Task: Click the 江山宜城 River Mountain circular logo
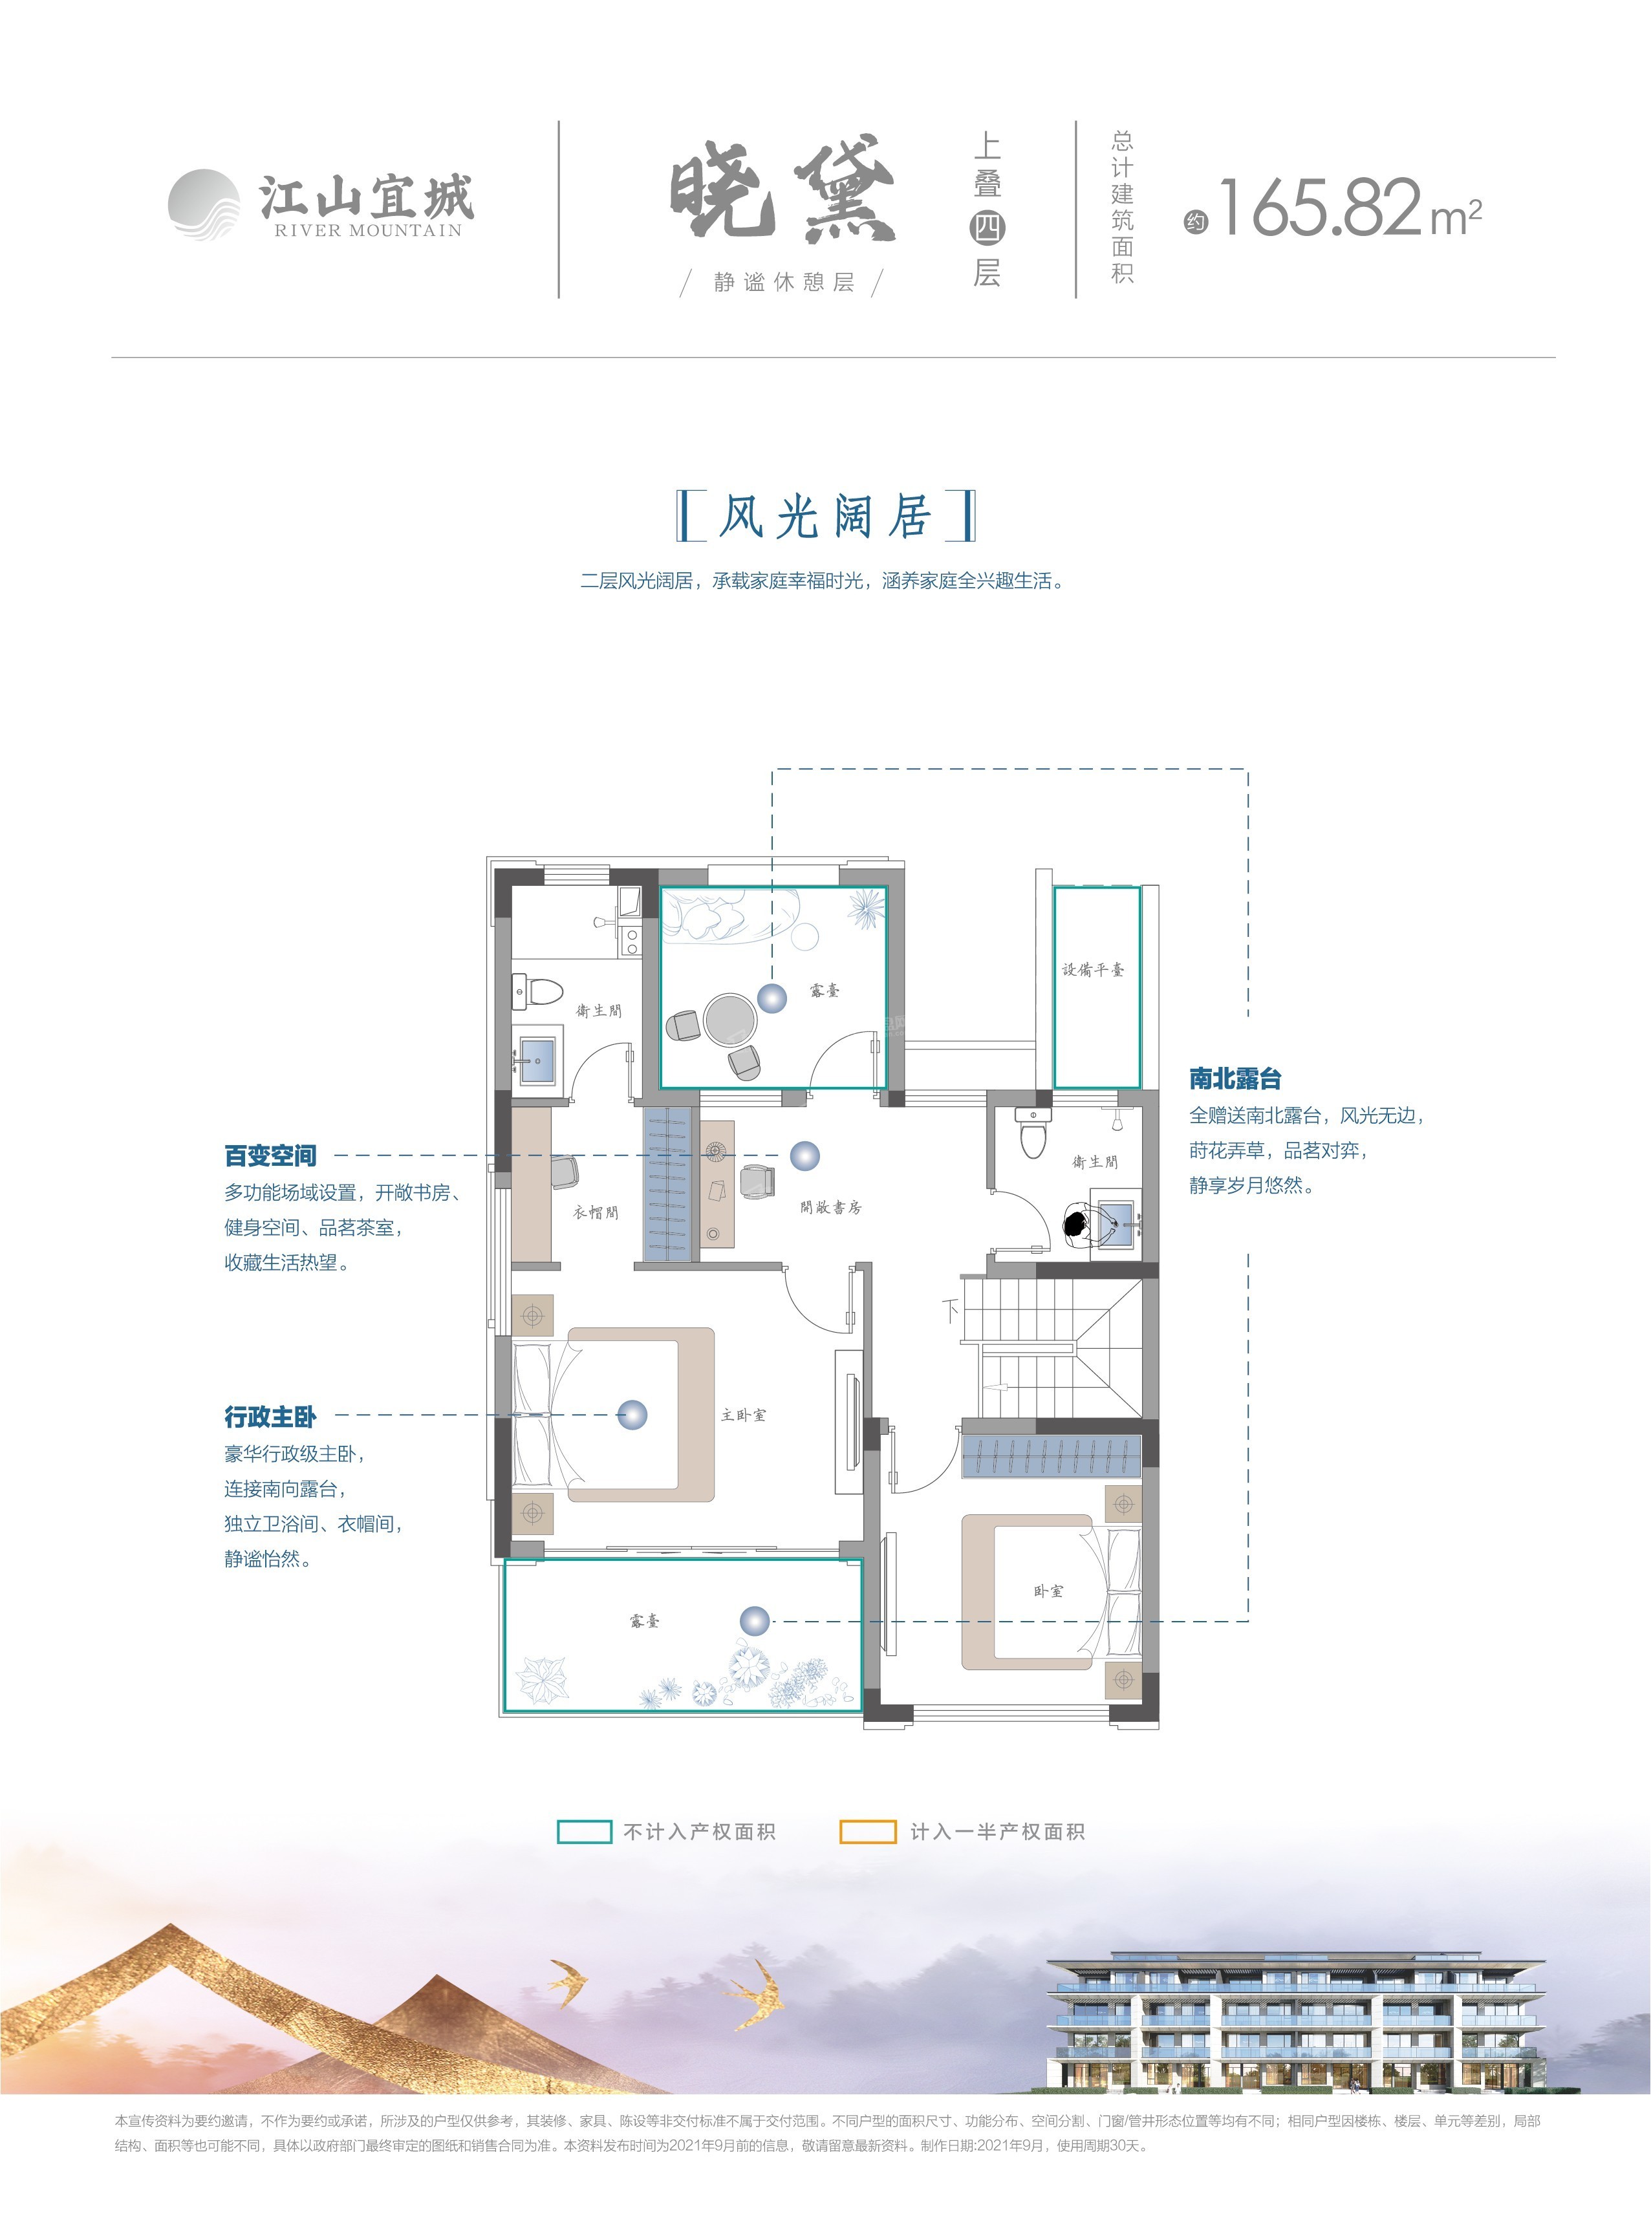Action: point(204,205)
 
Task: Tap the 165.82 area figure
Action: point(1319,208)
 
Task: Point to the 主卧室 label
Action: point(744,1415)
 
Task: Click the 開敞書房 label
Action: point(830,1207)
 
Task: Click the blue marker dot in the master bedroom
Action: point(632,1415)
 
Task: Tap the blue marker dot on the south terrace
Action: point(755,1620)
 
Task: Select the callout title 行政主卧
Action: point(270,1416)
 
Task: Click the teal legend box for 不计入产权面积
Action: point(584,1831)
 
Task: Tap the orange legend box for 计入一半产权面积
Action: point(867,1831)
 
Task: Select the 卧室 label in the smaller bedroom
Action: point(1048,1591)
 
